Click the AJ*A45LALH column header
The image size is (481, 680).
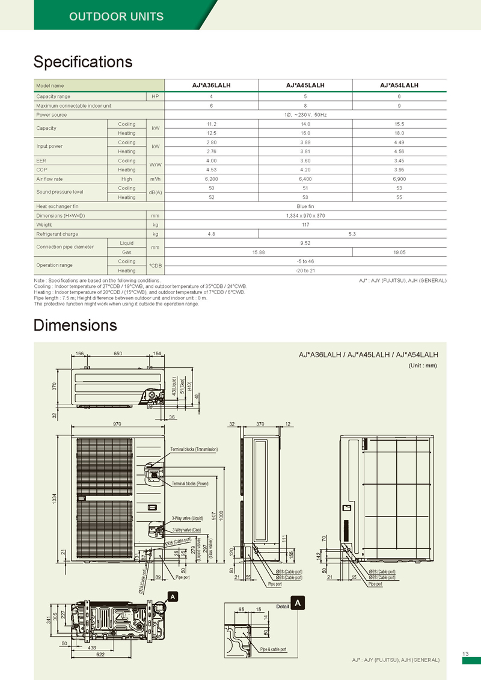305,85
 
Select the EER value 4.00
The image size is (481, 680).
211,161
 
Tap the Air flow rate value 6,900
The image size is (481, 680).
400,179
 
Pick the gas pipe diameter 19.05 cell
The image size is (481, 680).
400,253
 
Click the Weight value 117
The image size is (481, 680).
305,224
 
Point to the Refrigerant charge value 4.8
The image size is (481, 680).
211,234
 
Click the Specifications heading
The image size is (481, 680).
83,62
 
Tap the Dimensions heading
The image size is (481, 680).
75,325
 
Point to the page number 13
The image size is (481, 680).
465,654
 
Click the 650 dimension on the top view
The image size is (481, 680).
119,354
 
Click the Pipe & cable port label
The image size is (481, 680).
273,649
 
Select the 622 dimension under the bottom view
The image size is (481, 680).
92,654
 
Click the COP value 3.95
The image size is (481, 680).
400,170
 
